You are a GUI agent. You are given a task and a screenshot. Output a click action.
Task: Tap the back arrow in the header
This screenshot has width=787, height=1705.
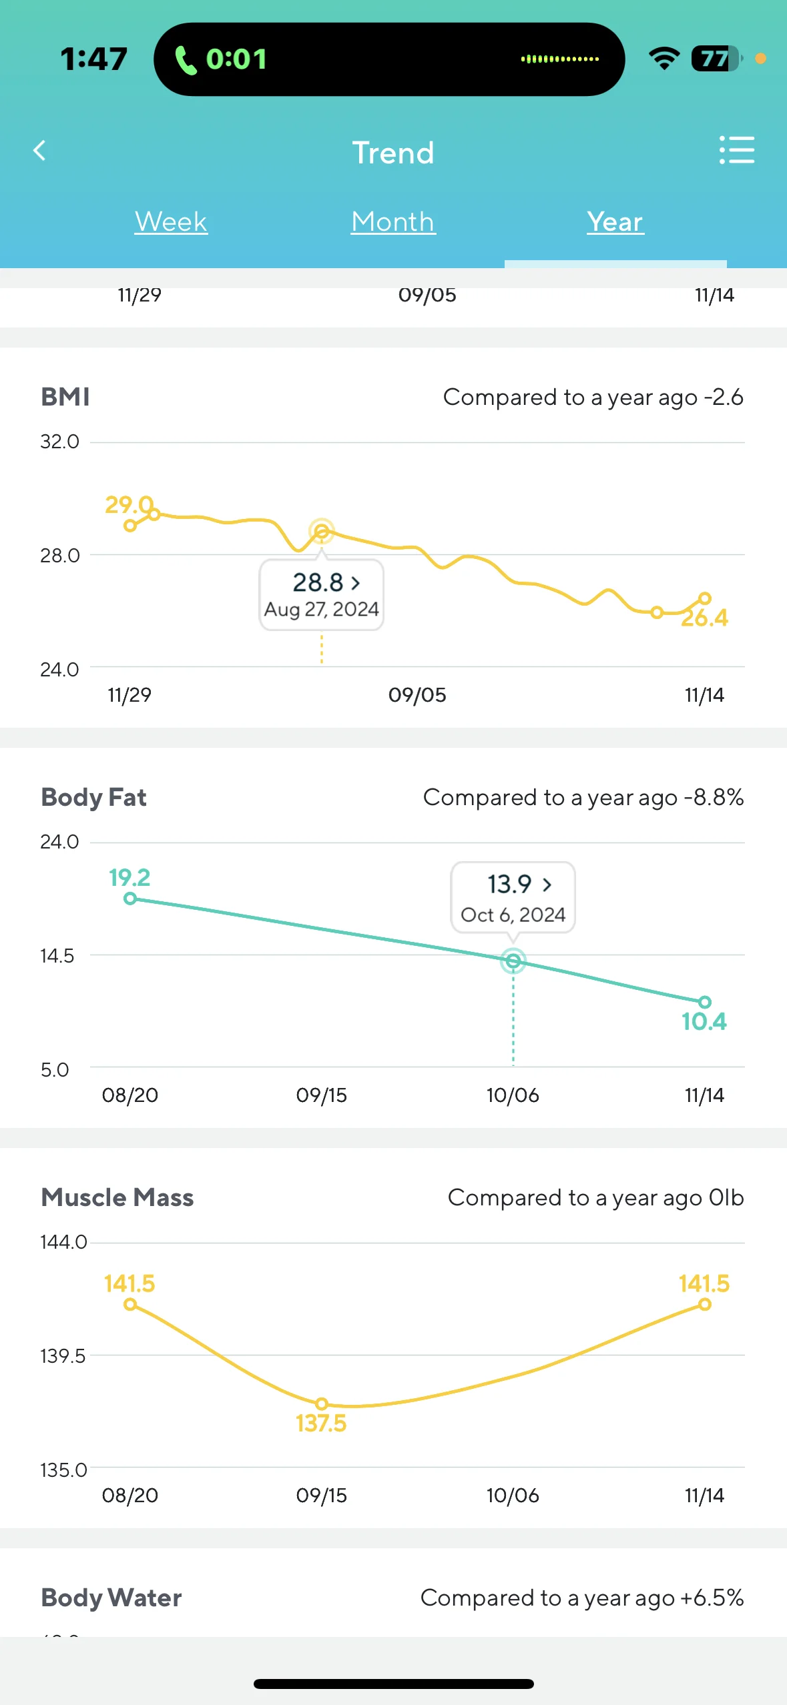point(40,151)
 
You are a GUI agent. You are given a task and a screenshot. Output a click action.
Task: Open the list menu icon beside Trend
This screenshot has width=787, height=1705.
point(736,151)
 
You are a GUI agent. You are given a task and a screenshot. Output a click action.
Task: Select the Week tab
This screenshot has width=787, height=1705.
point(171,222)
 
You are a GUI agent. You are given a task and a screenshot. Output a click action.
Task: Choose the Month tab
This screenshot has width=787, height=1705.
point(393,222)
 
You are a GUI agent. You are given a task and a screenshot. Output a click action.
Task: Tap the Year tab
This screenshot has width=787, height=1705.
point(615,222)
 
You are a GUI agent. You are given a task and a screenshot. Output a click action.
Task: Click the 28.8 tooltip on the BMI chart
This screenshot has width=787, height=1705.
point(321,594)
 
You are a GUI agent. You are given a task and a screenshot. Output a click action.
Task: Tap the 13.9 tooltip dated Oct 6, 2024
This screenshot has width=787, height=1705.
point(513,897)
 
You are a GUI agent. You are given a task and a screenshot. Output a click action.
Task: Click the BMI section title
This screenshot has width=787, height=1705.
point(65,397)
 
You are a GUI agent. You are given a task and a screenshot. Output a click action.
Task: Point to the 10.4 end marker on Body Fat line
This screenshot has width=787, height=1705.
point(705,1002)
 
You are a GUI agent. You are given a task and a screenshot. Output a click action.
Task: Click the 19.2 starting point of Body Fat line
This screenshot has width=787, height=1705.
point(130,899)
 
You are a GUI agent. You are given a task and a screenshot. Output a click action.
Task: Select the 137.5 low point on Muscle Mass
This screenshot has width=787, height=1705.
point(321,1404)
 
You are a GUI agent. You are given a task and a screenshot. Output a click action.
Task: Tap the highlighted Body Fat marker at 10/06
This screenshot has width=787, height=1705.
point(513,961)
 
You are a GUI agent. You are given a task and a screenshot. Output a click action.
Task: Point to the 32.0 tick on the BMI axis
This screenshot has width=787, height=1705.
point(59,442)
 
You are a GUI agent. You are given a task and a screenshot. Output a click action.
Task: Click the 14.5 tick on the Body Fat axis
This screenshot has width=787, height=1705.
point(57,956)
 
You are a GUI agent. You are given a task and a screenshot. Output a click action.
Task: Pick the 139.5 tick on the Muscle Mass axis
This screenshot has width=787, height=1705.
point(63,1356)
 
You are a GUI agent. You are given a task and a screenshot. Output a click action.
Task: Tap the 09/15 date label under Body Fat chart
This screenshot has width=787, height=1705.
point(321,1095)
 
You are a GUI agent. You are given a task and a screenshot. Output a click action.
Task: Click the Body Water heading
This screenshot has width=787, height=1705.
point(111,1598)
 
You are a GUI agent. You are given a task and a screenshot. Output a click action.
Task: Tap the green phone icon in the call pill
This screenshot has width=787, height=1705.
point(186,60)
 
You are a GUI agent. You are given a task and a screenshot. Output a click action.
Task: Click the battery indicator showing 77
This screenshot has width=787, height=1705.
point(716,59)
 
